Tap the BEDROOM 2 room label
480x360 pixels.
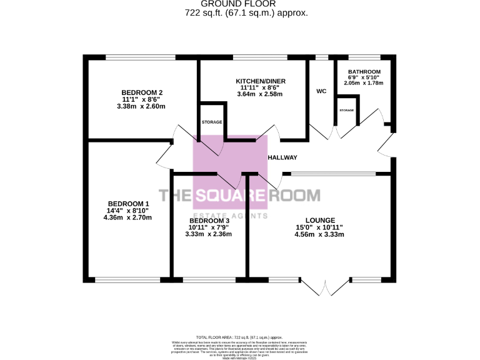[142, 92]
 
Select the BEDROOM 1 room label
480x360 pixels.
[128, 204]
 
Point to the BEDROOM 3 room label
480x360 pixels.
[209, 221]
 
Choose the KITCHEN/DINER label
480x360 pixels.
[261, 81]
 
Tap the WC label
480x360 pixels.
[321, 91]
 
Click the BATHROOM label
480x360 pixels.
[364, 72]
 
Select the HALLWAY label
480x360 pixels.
[282, 157]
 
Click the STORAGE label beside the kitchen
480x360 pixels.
[211, 122]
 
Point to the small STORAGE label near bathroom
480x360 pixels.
[347, 110]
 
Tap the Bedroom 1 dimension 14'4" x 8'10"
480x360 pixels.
[128, 211]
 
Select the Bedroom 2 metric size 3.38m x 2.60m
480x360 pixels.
[142, 106]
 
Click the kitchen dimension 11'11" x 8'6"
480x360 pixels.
[261, 88]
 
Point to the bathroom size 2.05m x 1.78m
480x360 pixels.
[364, 83]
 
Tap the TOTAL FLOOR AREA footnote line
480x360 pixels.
[239, 336]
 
